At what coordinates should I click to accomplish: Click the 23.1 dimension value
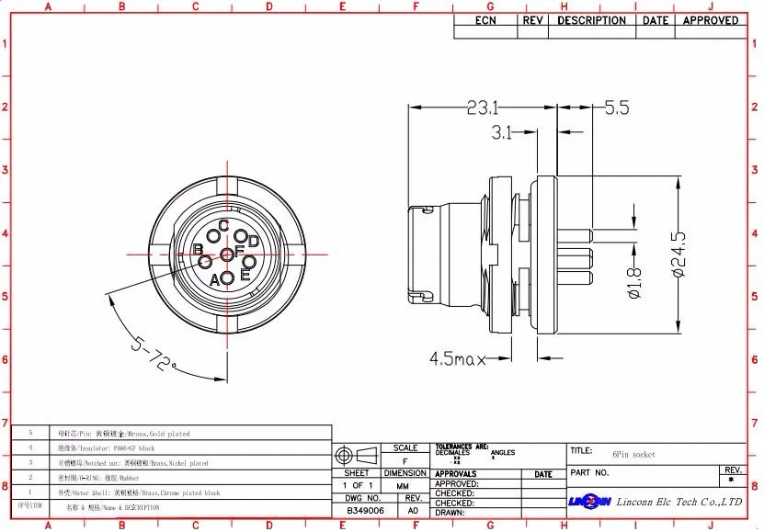click(483, 108)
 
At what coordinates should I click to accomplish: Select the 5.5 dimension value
click(617, 108)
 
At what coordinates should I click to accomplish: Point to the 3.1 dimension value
click(501, 133)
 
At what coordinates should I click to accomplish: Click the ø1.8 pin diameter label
click(634, 281)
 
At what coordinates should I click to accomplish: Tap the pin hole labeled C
click(213, 238)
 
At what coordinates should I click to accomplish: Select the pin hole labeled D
click(241, 237)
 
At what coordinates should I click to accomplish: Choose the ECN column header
click(485, 20)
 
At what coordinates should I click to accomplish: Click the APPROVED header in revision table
click(710, 20)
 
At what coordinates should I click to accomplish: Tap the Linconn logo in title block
click(589, 502)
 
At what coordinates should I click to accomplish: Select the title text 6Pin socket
click(634, 455)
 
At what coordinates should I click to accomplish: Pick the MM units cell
click(404, 485)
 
